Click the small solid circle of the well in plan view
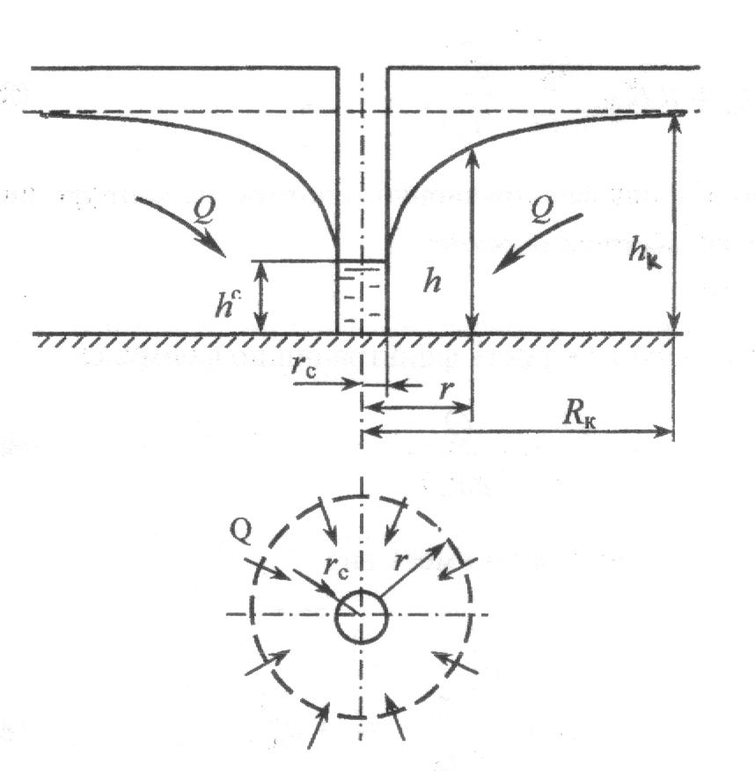362,615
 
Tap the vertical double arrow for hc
260,297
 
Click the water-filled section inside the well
362,297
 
